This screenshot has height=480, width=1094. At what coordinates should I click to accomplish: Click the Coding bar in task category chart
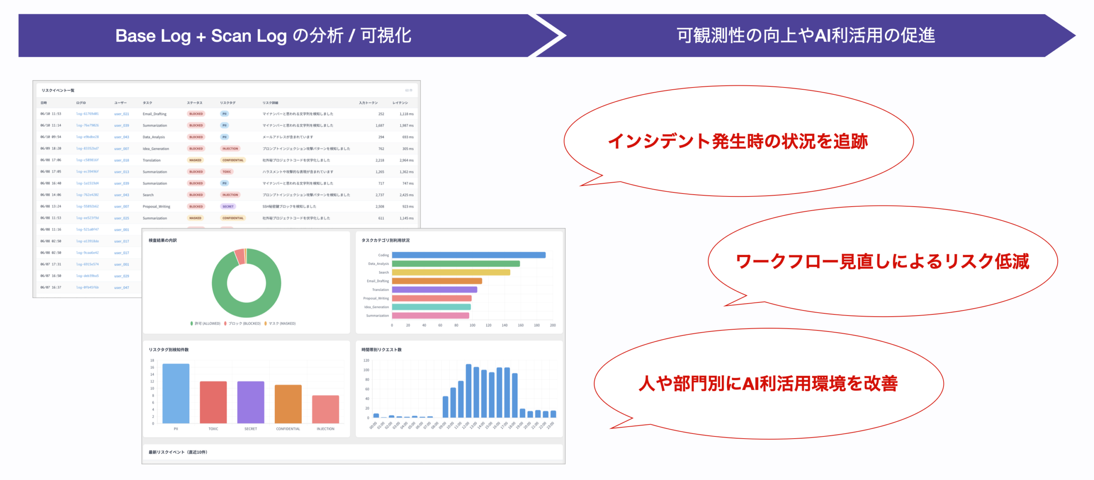pos(468,255)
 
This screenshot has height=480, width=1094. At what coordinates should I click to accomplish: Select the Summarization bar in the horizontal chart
pos(430,316)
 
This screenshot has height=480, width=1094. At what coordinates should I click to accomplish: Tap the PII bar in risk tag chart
pos(176,393)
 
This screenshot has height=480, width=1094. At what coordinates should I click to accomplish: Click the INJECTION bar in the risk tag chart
pos(325,409)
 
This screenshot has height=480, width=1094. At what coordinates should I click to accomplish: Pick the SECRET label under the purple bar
pos(250,429)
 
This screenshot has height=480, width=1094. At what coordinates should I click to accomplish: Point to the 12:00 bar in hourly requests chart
pos(468,391)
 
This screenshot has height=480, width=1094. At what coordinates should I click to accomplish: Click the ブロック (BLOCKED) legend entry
pos(243,324)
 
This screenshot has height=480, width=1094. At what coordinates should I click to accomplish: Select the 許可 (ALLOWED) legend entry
pos(206,324)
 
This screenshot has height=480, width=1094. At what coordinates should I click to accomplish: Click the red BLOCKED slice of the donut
pos(240,257)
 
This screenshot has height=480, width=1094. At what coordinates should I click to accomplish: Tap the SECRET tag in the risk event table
pos(228,207)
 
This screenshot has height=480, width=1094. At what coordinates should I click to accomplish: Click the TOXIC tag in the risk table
pos(226,172)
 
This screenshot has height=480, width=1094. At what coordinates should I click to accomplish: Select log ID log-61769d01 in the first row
pos(87,114)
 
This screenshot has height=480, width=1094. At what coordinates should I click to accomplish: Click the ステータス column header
pos(194,103)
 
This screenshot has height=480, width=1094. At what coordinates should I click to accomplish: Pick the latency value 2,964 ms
pos(406,161)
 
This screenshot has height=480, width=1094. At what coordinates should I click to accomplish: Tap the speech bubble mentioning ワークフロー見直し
pos(882,261)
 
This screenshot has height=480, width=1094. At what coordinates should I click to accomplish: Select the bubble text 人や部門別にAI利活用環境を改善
pos(768,383)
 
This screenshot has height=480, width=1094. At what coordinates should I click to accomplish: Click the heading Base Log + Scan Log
pos(263,36)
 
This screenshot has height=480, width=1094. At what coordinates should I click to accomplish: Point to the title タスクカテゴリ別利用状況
pos(385,240)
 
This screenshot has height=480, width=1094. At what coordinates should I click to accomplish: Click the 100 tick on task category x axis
pos(472,325)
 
